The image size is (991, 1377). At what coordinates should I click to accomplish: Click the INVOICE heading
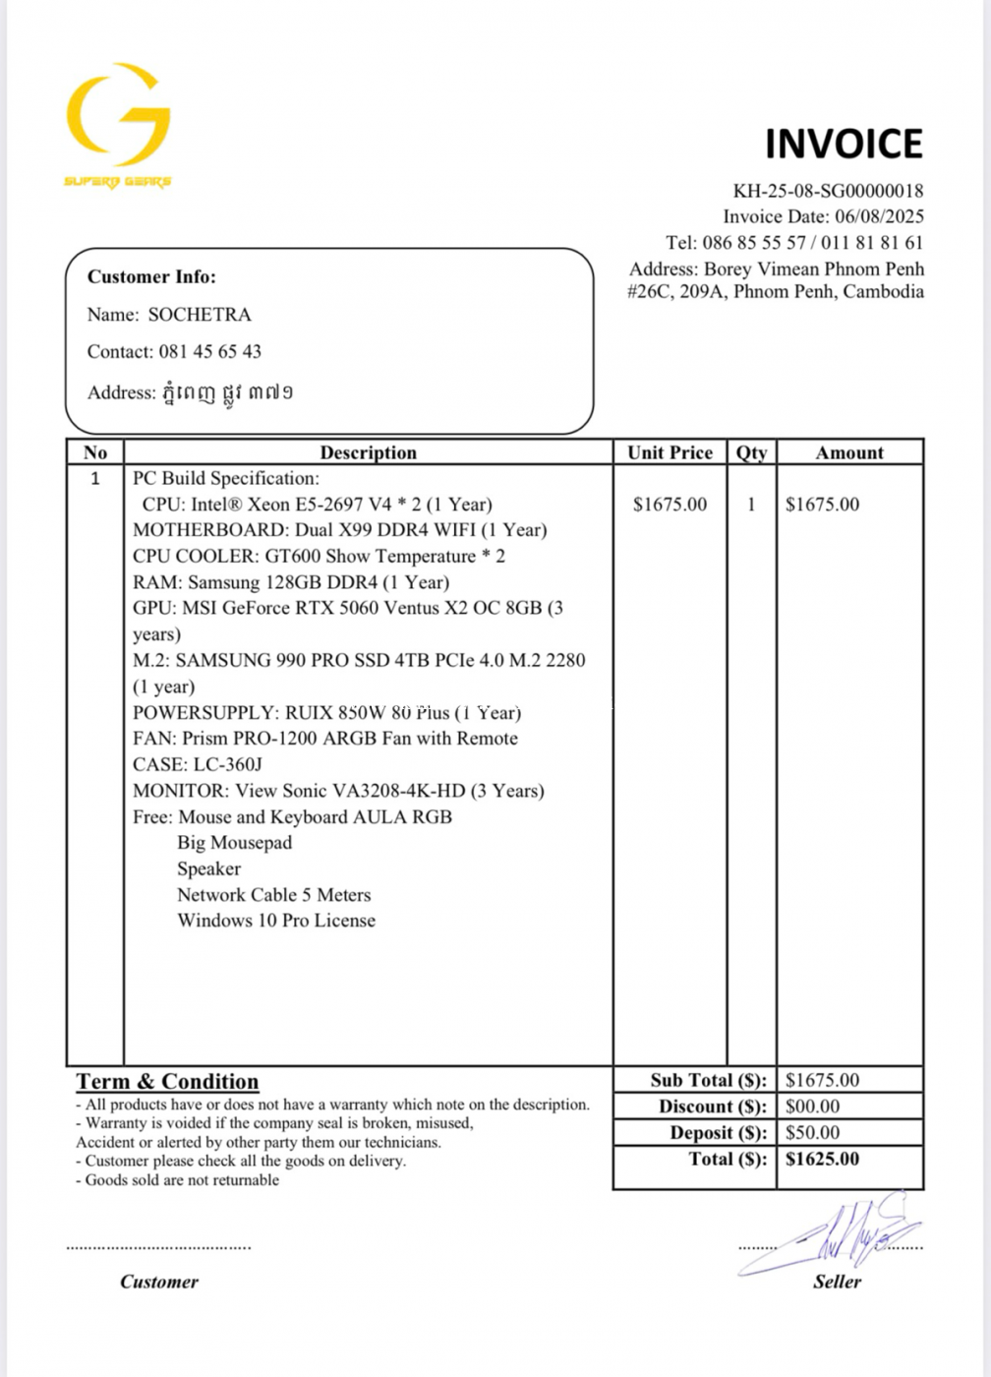pyautogui.click(x=844, y=144)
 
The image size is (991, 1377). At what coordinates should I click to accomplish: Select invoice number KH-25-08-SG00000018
pyautogui.click(x=828, y=191)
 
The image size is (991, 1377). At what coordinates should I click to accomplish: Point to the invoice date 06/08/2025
pyautogui.click(x=879, y=216)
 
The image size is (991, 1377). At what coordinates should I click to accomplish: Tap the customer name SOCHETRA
pyautogui.click(x=200, y=315)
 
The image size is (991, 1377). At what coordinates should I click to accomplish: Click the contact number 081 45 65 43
pyautogui.click(x=210, y=351)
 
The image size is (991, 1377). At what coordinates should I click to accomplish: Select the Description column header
pyautogui.click(x=368, y=452)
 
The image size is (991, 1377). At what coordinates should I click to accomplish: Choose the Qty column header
pyautogui.click(x=751, y=452)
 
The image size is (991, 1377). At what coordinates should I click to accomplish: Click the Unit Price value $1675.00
pyautogui.click(x=670, y=505)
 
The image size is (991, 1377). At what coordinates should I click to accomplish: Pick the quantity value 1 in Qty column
pyautogui.click(x=751, y=505)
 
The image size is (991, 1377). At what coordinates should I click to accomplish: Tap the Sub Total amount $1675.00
pyautogui.click(x=822, y=1080)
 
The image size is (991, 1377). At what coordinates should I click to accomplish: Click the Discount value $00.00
pyautogui.click(x=812, y=1107)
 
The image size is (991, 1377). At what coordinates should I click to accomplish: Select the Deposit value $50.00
pyautogui.click(x=812, y=1133)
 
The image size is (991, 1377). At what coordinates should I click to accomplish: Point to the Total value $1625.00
pyautogui.click(x=822, y=1159)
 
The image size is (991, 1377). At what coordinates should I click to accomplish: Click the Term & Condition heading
pyautogui.click(x=167, y=1082)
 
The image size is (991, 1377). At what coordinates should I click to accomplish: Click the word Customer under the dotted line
pyautogui.click(x=159, y=1282)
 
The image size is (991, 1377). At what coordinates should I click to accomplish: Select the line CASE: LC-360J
pyautogui.click(x=198, y=764)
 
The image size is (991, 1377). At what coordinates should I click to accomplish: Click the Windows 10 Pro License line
pyautogui.click(x=276, y=921)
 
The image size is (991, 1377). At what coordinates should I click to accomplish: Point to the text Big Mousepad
pyautogui.click(x=234, y=843)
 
